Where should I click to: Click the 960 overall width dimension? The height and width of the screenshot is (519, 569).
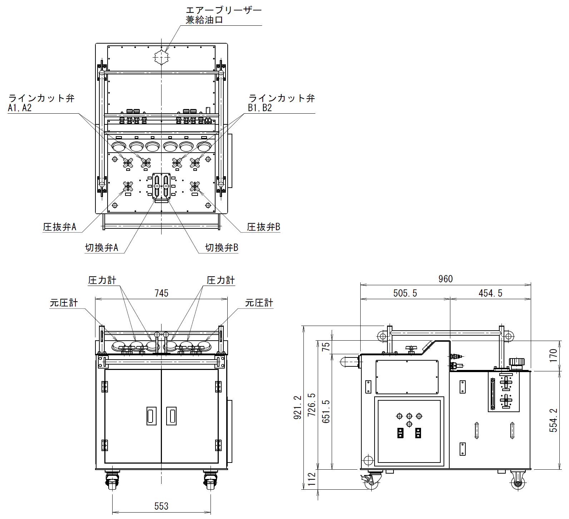tap(445, 279)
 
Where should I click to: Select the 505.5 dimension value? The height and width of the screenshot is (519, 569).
tap(405, 293)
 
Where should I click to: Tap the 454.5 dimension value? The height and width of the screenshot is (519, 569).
tap(490, 293)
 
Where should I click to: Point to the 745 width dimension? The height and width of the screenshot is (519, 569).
tap(162, 293)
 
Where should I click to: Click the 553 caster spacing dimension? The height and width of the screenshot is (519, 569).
tap(162, 506)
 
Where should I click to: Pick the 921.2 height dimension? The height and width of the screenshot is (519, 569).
tap(298, 407)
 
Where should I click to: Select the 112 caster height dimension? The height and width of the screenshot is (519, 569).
tap(312, 479)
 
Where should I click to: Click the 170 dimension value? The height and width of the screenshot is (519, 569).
tap(553, 356)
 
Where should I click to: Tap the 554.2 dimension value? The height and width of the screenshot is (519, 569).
tap(553, 420)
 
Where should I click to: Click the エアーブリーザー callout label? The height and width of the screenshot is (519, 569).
tap(224, 10)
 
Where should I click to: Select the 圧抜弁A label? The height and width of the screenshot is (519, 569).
tap(60, 227)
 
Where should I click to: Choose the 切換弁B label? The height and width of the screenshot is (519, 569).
tap(222, 248)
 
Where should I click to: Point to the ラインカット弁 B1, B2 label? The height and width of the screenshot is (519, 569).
tap(282, 103)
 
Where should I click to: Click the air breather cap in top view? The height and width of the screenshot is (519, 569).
tap(162, 57)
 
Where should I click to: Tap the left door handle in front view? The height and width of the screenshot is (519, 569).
tap(152, 416)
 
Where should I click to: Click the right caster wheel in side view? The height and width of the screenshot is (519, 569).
tap(518, 481)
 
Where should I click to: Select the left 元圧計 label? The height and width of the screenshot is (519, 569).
tap(64, 303)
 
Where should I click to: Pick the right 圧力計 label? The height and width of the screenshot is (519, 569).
tap(221, 280)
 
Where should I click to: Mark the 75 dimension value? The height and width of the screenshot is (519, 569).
tap(326, 347)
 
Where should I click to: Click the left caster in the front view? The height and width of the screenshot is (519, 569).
tap(112, 480)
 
